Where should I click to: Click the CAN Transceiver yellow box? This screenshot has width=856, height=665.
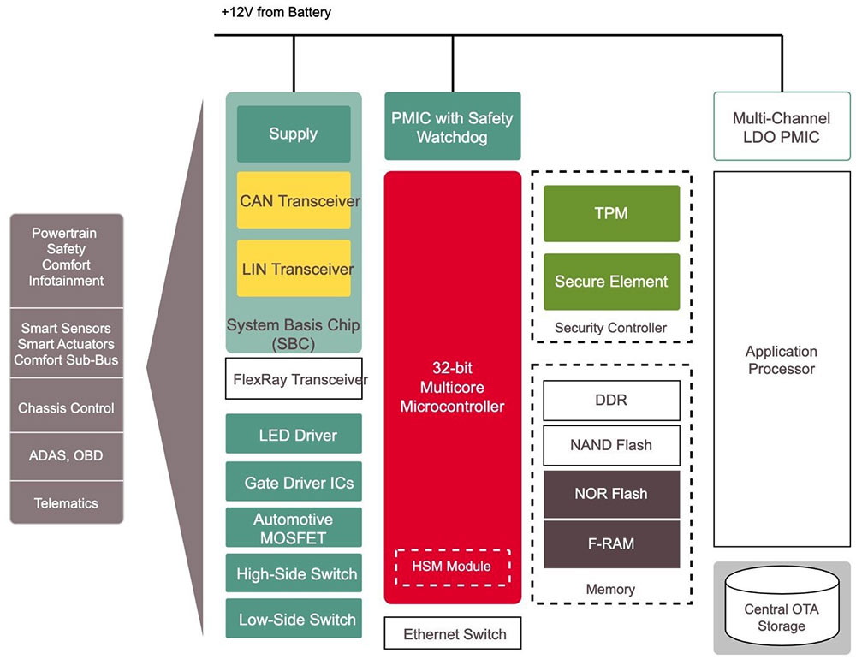(294, 200)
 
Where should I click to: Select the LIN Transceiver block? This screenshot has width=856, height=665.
(294, 269)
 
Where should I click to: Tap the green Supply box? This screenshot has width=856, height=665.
(294, 134)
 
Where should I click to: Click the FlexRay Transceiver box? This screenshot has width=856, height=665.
(294, 378)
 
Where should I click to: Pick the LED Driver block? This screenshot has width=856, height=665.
(294, 434)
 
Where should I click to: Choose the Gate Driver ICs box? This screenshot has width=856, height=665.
(294, 482)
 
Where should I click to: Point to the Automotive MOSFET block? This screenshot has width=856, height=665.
(294, 528)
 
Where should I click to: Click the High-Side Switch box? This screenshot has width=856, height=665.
(294, 573)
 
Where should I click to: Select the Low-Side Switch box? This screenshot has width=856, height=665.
(294, 619)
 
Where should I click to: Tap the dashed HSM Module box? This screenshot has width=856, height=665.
(452, 566)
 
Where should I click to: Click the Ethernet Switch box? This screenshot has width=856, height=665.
(452, 633)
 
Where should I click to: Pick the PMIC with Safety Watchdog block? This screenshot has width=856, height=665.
(452, 126)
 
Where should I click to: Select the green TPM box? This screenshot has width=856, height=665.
(611, 213)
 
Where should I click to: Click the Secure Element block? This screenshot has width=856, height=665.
(611, 281)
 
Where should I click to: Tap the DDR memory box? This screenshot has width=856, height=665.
(611, 400)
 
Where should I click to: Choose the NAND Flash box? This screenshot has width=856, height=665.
(611, 445)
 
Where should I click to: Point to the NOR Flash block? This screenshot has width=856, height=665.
(611, 494)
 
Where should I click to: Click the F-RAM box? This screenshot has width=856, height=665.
(611, 543)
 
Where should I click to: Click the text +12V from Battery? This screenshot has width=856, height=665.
(276, 13)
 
